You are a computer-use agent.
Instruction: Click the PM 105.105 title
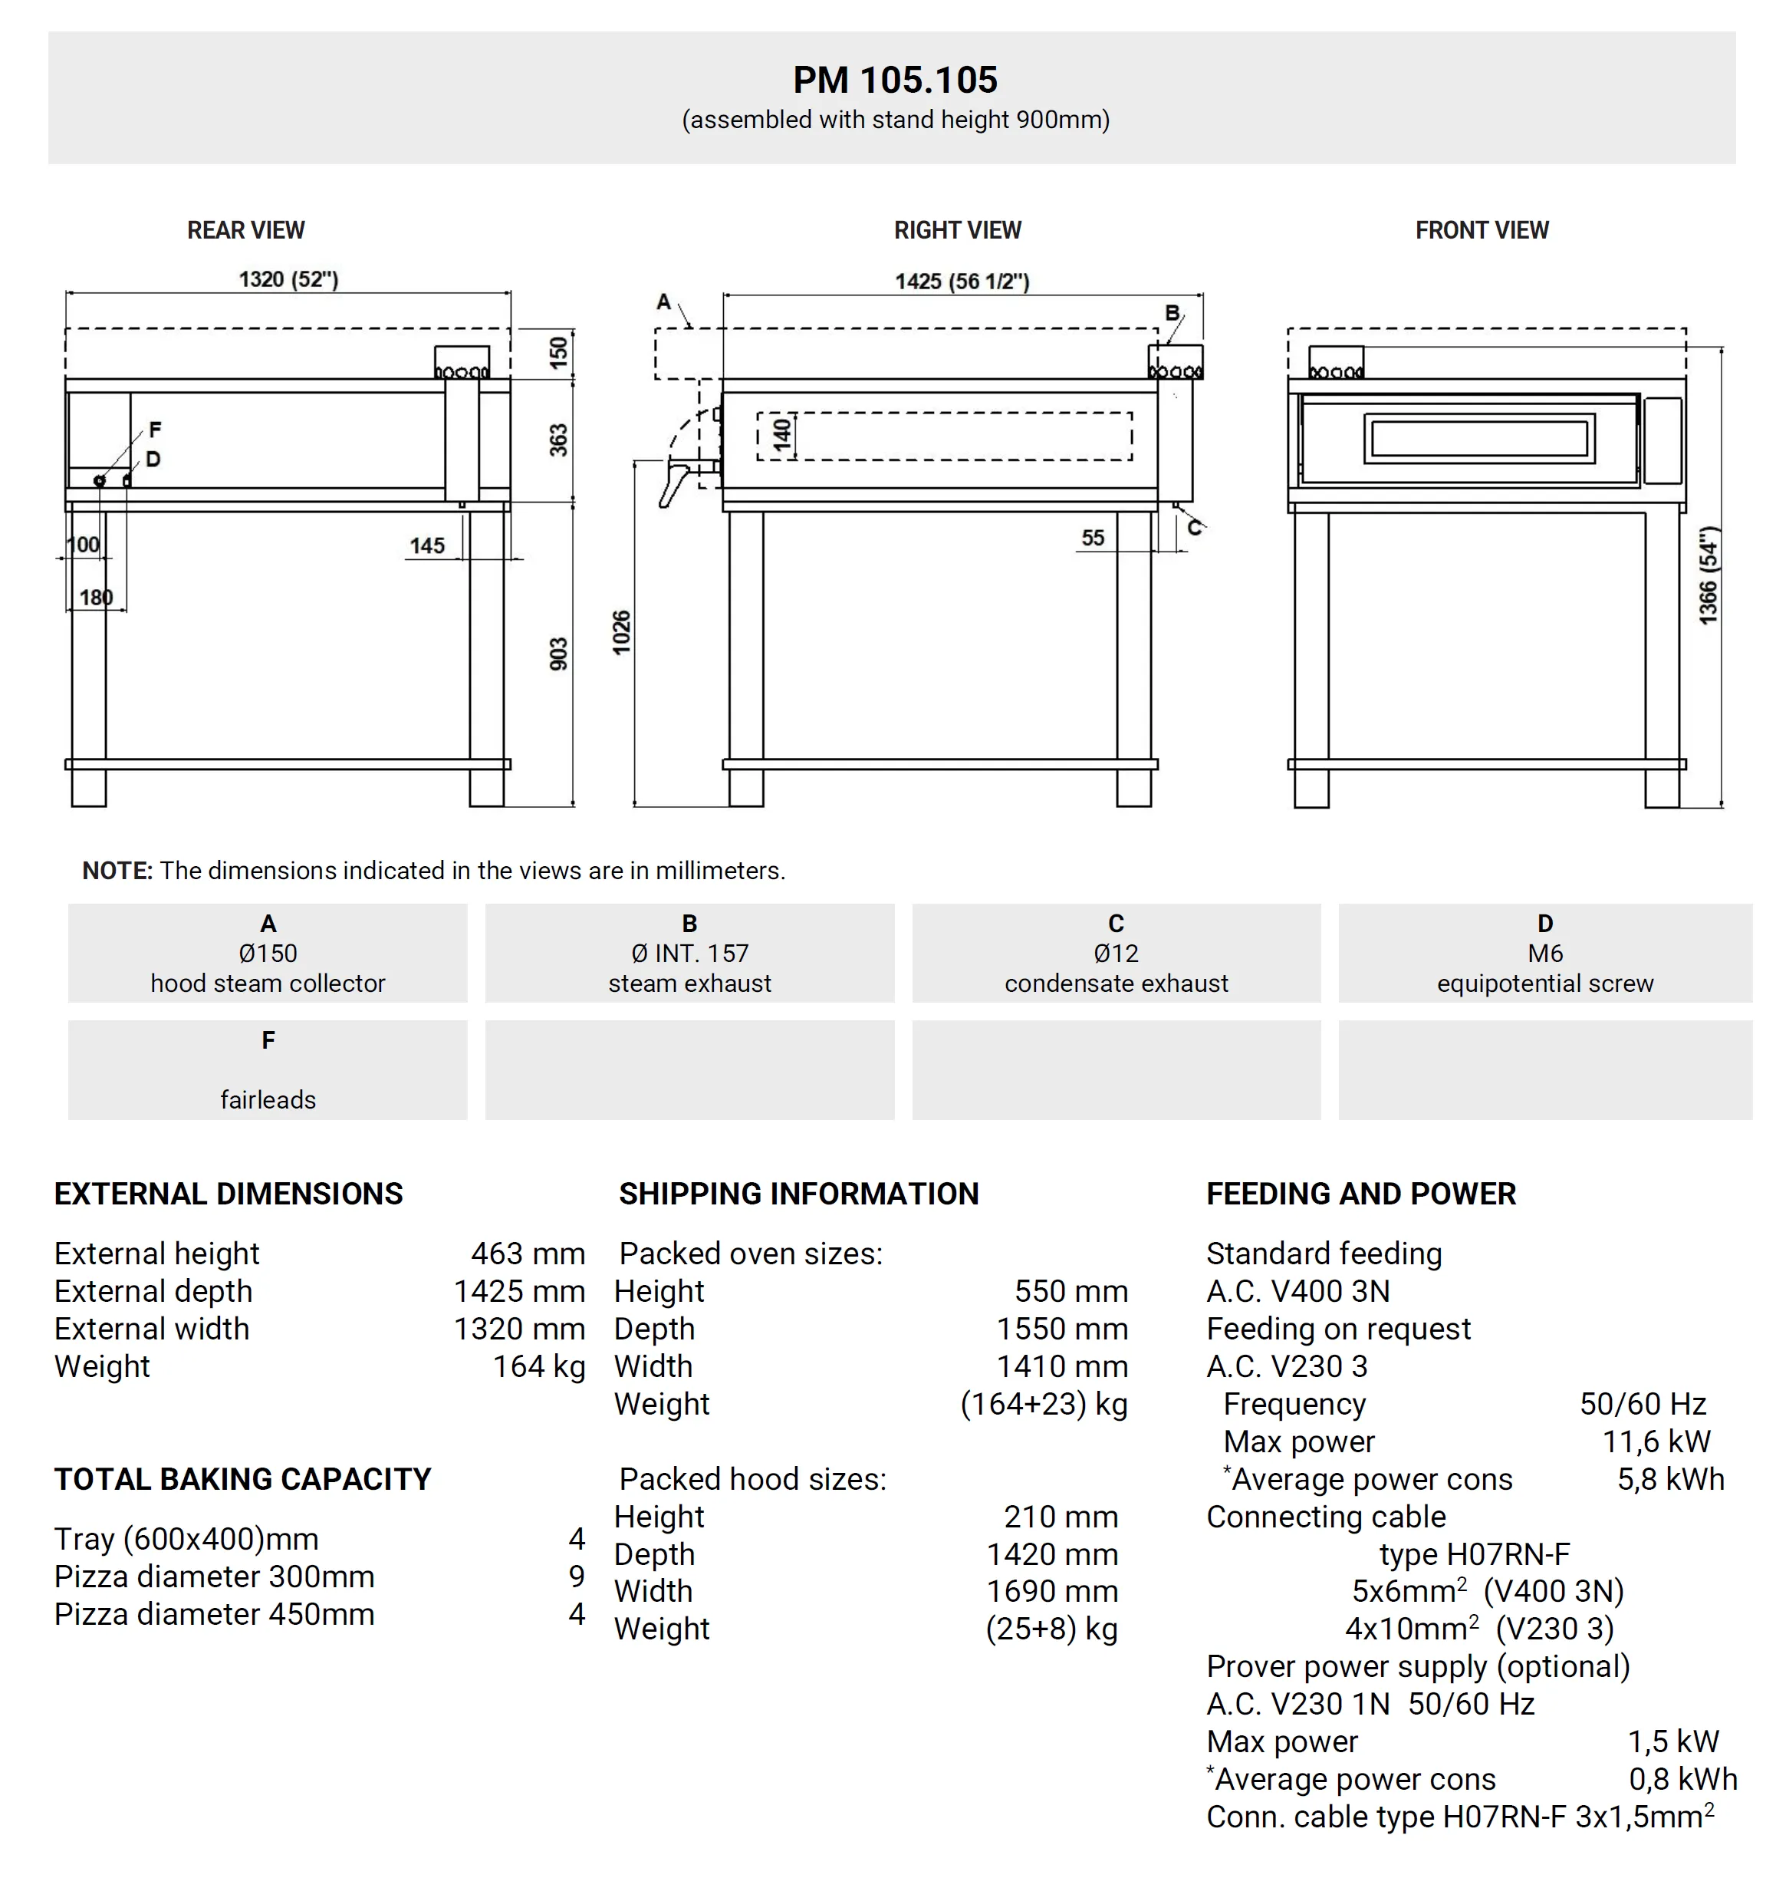point(895,81)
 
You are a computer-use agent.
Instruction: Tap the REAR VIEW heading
point(245,230)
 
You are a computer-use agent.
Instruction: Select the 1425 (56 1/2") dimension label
point(962,282)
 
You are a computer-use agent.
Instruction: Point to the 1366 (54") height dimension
point(1707,576)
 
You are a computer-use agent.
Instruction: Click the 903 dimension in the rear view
point(558,654)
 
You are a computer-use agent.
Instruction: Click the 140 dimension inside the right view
point(781,435)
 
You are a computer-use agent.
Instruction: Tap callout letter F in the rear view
point(155,430)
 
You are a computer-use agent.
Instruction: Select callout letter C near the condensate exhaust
point(1195,528)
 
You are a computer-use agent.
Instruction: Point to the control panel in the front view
point(1663,440)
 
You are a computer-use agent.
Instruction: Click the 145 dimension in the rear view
point(427,545)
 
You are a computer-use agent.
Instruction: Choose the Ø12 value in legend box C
point(1117,953)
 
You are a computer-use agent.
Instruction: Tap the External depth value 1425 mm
point(519,1291)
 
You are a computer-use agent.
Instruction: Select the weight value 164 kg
point(538,1366)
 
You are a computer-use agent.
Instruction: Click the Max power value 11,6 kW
point(1656,1441)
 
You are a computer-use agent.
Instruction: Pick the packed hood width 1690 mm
point(1052,1591)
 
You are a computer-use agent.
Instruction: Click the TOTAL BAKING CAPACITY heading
point(242,1479)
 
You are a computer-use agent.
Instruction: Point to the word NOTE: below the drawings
point(117,870)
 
